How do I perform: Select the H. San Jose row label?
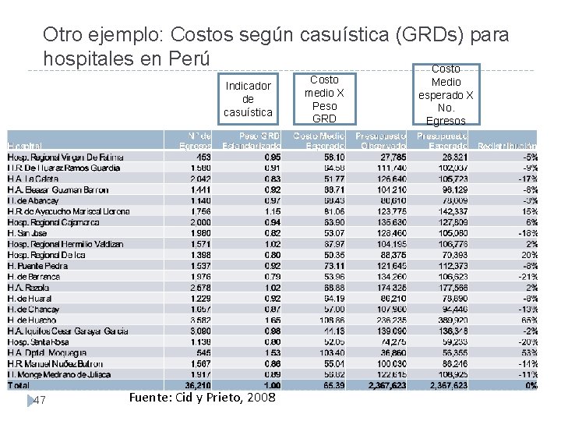pyautogui.click(x=27, y=232)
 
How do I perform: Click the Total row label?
pyautogui.click(x=19, y=385)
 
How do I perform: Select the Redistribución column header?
pyautogui.click(x=506, y=146)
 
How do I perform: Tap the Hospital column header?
pyautogui.click(x=25, y=146)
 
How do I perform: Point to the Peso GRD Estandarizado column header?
pyautogui.click(x=252, y=141)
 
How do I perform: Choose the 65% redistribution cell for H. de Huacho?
pyautogui.click(x=527, y=320)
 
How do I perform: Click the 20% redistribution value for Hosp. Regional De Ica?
pyautogui.click(x=527, y=254)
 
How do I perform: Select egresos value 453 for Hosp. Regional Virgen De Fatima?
pyautogui.click(x=202, y=157)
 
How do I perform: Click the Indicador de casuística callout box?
pyautogui.click(x=248, y=99)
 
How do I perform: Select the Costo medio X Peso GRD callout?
pyautogui.click(x=324, y=99)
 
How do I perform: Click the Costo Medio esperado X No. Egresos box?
pyautogui.click(x=446, y=95)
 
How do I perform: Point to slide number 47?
pyautogui.click(x=41, y=400)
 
